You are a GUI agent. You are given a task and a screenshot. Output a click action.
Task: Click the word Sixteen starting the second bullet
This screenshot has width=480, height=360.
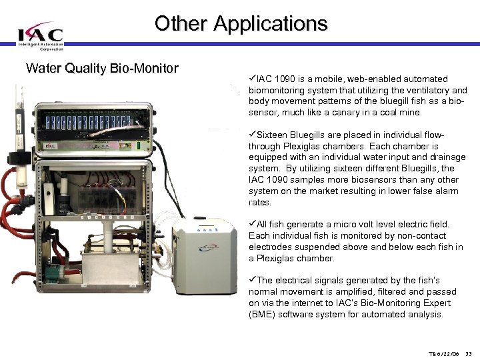273,135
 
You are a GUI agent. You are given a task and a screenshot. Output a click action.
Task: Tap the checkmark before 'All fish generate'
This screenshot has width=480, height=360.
252,225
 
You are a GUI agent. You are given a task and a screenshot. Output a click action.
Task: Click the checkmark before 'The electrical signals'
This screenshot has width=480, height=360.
252,281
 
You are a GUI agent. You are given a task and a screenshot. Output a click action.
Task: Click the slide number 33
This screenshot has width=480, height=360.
468,353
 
